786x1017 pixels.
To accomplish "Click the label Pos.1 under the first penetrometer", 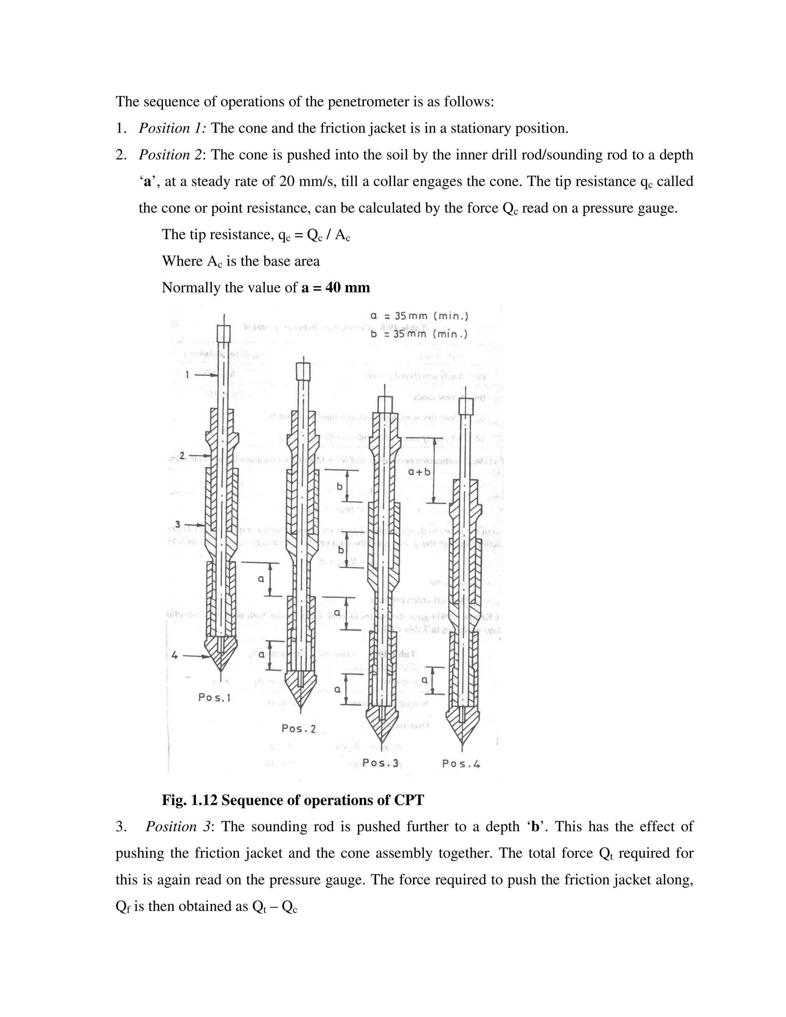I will pyautogui.click(x=214, y=698).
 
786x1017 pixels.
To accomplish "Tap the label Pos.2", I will pyautogui.click(x=299, y=728).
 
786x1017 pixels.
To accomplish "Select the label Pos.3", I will pyautogui.click(x=380, y=763).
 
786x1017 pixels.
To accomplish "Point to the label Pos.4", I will pyautogui.click(x=461, y=764).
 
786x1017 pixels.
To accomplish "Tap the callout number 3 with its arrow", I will pyautogui.click(x=178, y=525).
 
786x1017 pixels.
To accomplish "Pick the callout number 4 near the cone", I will pyautogui.click(x=175, y=655).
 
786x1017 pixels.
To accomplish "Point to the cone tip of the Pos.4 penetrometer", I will pyautogui.click(x=462, y=738).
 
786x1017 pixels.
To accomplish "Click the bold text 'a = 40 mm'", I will pyautogui.click(x=336, y=288).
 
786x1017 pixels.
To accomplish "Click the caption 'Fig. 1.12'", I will pyautogui.click(x=190, y=800).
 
